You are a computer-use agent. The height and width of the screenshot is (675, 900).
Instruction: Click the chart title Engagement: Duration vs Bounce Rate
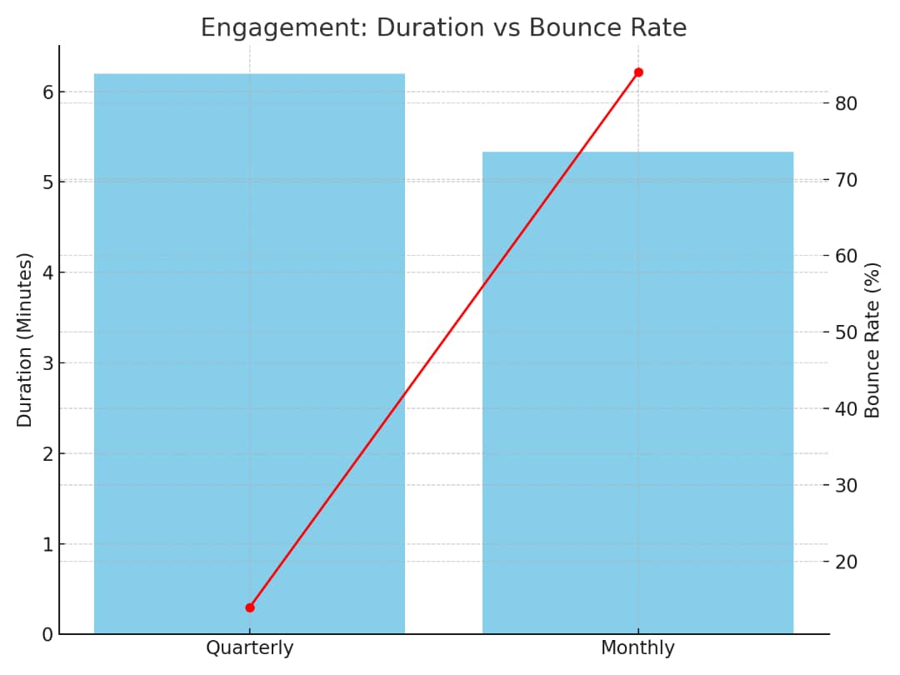[x=443, y=27]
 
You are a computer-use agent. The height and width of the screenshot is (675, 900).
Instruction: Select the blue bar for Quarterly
[x=249, y=353]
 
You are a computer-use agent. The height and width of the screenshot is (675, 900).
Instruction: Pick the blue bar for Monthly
[x=637, y=392]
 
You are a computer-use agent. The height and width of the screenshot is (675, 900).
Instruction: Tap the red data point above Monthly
[x=638, y=72]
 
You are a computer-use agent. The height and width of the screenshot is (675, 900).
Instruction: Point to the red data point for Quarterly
[x=250, y=607]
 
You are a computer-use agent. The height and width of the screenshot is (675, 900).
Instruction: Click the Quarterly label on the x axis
[x=249, y=648]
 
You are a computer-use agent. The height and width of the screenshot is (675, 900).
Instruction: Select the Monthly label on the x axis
[x=637, y=648]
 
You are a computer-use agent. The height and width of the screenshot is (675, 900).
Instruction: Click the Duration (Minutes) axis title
[x=25, y=340]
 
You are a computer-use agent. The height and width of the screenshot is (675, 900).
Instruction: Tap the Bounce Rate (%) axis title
[x=872, y=340]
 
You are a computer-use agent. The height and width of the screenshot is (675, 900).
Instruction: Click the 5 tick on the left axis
[x=47, y=182]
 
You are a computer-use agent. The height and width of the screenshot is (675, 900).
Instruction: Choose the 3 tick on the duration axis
[x=47, y=362]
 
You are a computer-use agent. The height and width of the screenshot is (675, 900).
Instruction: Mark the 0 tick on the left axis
[x=47, y=634]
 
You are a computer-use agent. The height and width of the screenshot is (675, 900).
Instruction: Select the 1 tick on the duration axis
[x=47, y=544]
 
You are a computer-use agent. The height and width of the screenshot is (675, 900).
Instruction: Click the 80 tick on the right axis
[x=847, y=103]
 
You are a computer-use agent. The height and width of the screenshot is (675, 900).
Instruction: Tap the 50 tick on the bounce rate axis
[x=847, y=332]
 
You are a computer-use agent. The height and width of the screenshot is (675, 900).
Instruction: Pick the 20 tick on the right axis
[x=847, y=562]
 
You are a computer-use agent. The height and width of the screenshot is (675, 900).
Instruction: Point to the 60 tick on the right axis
[x=847, y=256]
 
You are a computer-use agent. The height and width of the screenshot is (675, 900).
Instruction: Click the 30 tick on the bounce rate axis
[x=847, y=485]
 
